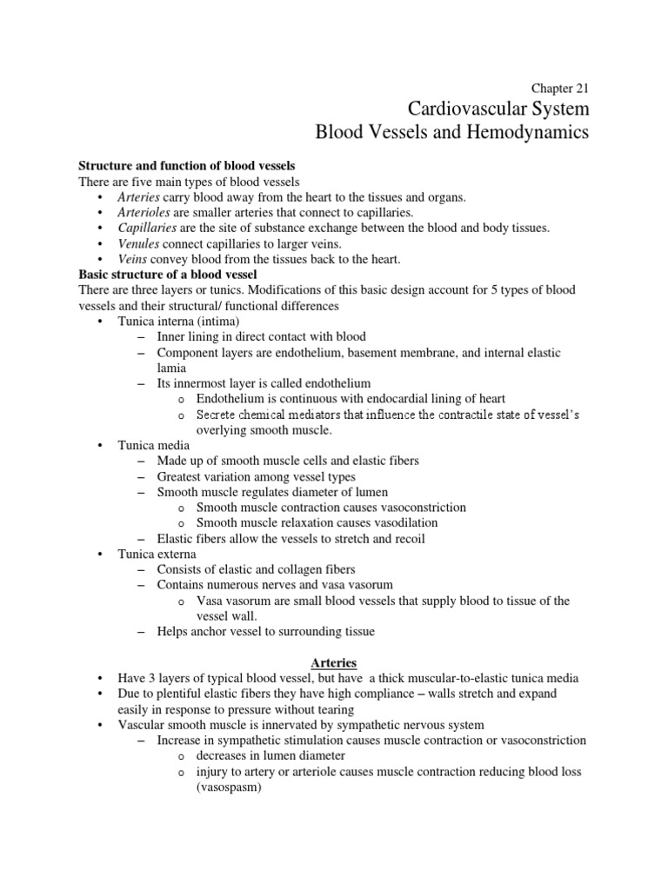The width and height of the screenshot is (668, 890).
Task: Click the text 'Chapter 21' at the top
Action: tap(560, 88)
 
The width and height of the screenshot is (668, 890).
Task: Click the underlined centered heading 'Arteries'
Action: tap(333, 662)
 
